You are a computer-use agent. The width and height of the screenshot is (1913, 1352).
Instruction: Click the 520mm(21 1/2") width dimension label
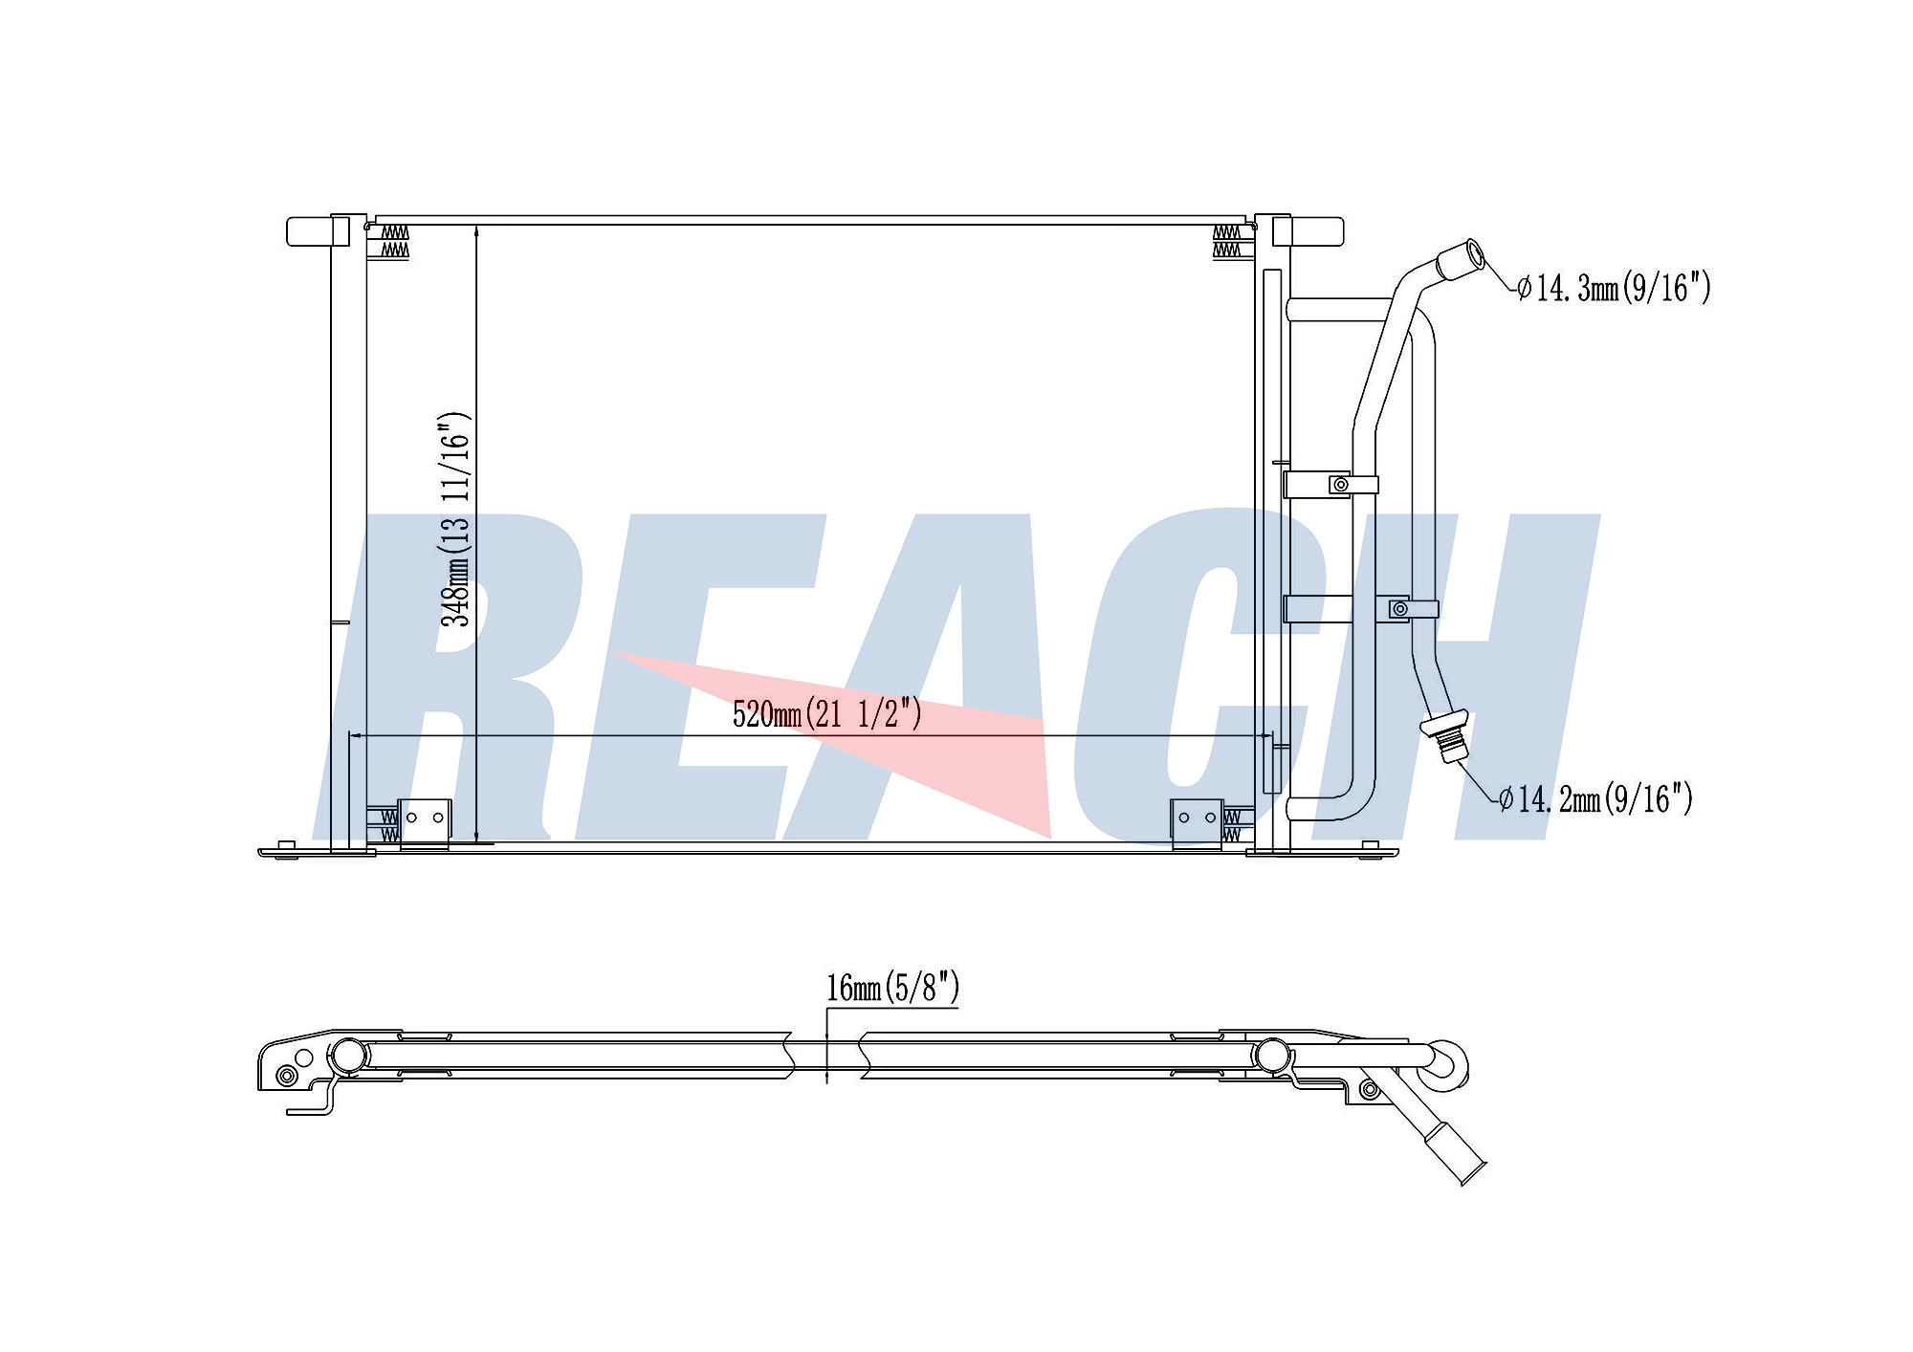coord(827,713)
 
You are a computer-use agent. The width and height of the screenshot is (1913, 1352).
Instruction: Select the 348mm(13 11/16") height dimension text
coord(455,520)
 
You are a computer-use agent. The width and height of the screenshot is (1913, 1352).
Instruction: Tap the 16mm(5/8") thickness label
coord(892,988)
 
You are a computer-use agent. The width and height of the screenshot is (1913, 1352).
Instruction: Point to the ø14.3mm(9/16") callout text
coord(1614,287)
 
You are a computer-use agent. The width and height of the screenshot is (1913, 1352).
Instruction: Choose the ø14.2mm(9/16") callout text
coord(1595,798)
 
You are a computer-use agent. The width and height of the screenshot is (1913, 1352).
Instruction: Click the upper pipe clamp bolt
coord(1341,486)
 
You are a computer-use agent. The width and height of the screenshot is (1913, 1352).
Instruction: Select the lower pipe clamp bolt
coord(1400,608)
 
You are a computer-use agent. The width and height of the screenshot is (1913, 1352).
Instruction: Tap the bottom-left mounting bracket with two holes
coord(424,823)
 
